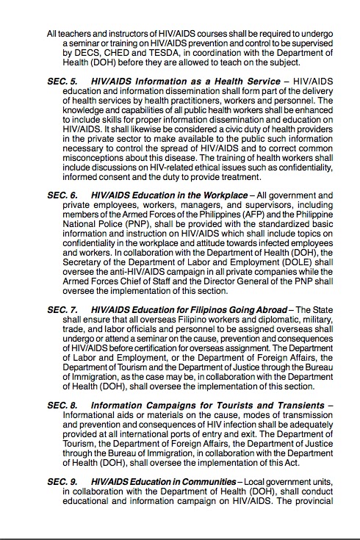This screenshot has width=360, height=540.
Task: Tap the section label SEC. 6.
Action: point(62,195)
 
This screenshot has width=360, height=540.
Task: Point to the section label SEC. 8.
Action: point(62,404)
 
